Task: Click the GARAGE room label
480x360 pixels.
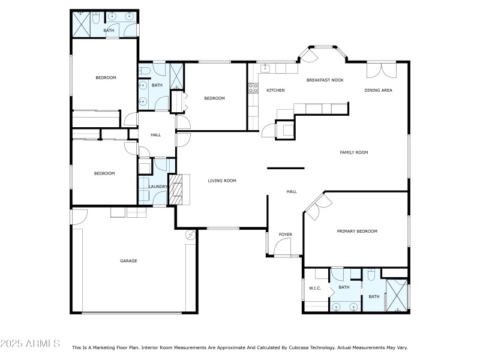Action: click(x=128, y=260)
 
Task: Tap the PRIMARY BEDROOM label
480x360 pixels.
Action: click(x=356, y=231)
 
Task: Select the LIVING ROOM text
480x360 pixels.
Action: click(x=222, y=181)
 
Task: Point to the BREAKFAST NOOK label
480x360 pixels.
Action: click(x=325, y=80)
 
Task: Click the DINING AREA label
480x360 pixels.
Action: click(x=378, y=90)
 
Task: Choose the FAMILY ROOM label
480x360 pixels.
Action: click(x=353, y=152)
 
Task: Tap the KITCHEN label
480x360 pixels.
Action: click(x=275, y=90)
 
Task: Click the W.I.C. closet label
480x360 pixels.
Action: click(x=315, y=288)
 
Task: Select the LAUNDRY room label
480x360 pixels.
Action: click(x=158, y=187)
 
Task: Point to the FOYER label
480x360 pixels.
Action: click(x=286, y=234)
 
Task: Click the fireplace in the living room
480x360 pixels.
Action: click(x=175, y=190)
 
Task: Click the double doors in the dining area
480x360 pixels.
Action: click(x=381, y=70)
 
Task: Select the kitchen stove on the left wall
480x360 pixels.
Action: click(x=253, y=90)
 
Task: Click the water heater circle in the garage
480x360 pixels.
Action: click(x=191, y=235)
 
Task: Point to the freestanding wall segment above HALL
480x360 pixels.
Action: click(x=286, y=168)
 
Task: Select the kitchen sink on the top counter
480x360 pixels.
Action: click(x=265, y=68)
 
